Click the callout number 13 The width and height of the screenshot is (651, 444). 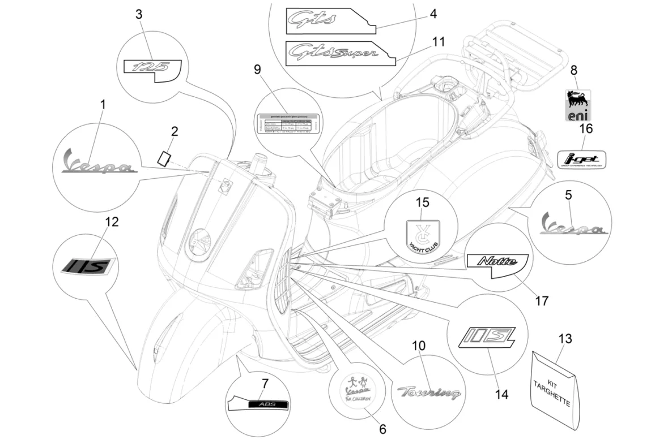(565, 339)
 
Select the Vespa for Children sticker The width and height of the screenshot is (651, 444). (356, 391)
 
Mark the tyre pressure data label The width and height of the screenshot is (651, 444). (287, 125)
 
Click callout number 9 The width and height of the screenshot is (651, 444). (257, 70)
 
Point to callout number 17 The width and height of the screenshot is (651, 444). (542, 300)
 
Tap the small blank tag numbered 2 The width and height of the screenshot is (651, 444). (164, 157)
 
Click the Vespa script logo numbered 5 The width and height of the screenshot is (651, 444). (573, 225)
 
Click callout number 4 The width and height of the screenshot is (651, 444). (433, 13)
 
